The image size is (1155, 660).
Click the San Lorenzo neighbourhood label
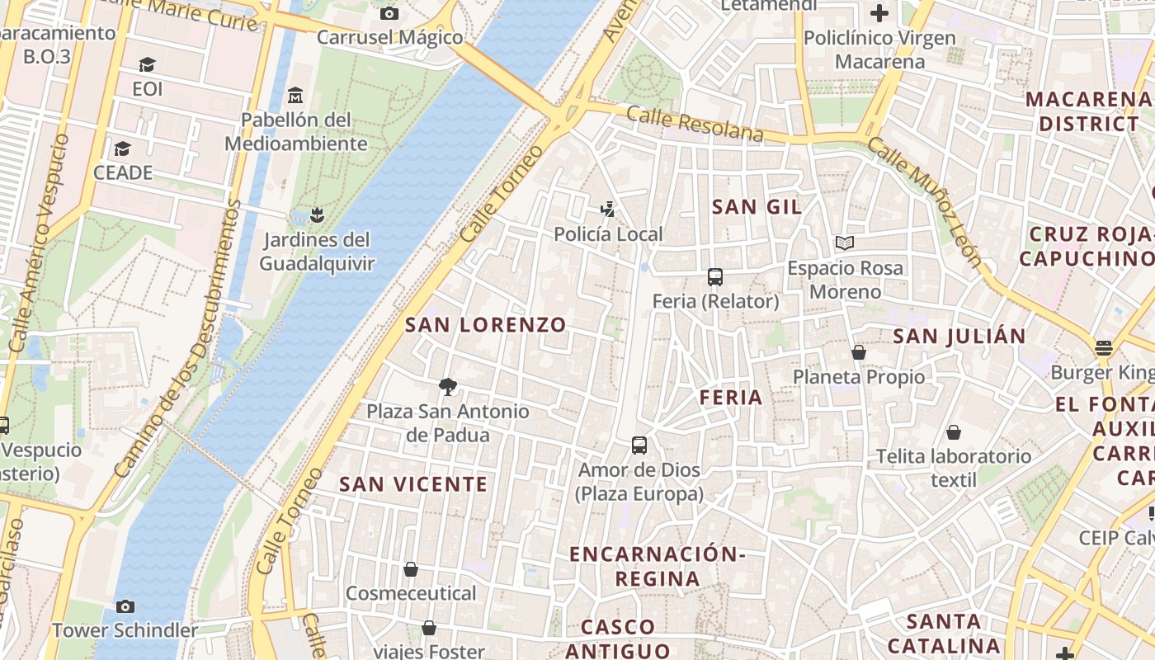point(486,325)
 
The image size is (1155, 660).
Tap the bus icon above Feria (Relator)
point(715,277)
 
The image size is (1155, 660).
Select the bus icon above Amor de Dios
point(639,445)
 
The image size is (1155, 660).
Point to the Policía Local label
point(608,234)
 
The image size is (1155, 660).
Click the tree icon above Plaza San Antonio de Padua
point(448,386)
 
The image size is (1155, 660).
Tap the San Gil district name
point(757,207)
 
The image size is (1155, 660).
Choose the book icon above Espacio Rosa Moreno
point(845,243)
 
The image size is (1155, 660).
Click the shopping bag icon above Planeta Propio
point(859,352)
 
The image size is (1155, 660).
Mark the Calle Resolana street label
point(695,124)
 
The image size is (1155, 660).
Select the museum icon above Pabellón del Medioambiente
point(296,96)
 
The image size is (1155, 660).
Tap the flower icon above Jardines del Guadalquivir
point(316,216)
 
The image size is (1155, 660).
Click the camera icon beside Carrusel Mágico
point(389,13)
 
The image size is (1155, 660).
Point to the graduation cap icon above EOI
point(148,64)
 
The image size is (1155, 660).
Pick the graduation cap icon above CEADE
point(123,148)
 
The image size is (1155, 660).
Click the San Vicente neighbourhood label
point(413,484)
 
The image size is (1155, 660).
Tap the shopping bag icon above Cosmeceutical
point(411,569)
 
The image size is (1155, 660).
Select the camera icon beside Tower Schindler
point(125,607)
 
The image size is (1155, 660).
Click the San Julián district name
point(959,337)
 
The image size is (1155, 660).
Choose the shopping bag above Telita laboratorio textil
point(954,432)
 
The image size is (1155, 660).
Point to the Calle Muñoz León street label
point(928,200)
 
